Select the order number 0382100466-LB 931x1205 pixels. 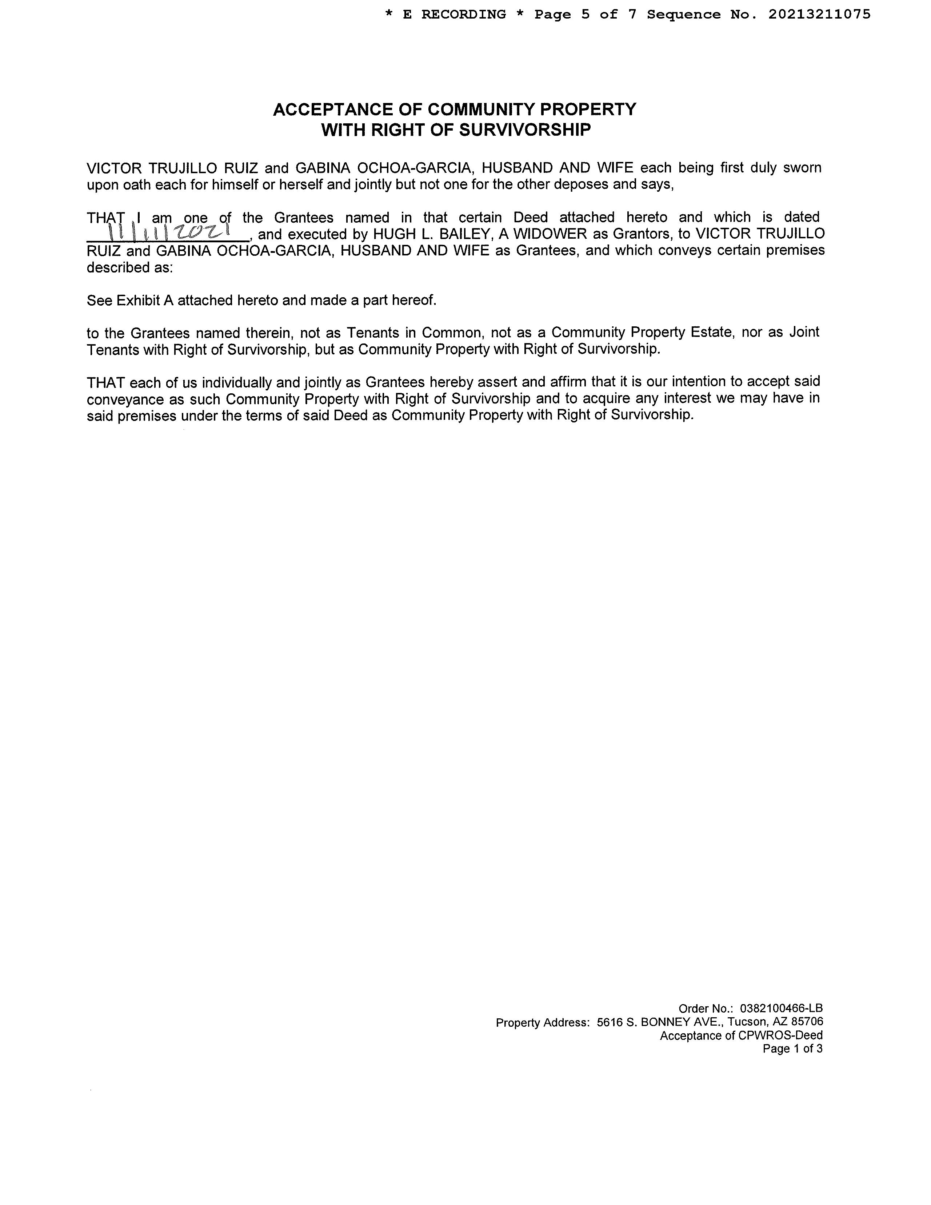pyautogui.click(x=781, y=1009)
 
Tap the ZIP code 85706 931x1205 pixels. pyautogui.click(x=807, y=1022)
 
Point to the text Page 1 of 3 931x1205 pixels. pyautogui.click(x=792, y=1049)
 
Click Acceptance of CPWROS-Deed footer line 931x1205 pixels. pyautogui.click(x=741, y=1035)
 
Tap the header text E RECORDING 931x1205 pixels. pyautogui.click(x=454, y=14)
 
